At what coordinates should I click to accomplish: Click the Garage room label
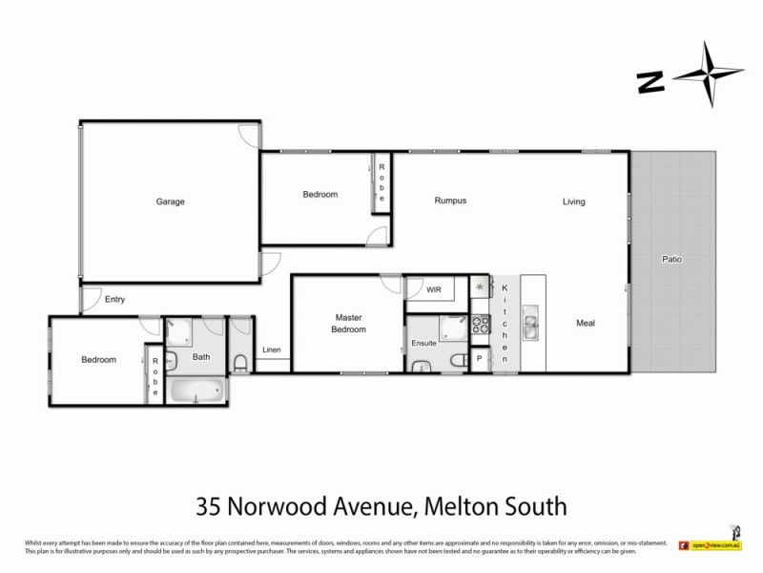pyautogui.click(x=171, y=202)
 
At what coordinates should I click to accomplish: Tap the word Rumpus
pyautogui.click(x=450, y=201)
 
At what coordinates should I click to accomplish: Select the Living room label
pyautogui.click(x=573, y=202)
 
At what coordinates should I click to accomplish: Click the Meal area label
pyautogui.click(x=586, y=323)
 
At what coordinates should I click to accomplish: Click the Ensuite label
pyautogui.click(x=423, y=342)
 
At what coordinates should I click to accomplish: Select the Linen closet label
pyautogui.click(x=272, y=350)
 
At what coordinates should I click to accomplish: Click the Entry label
pyautogui.click(x=115, y=299)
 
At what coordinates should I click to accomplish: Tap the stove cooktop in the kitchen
pyautogui.click(x=481, y=287)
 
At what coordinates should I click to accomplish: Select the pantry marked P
pyautogui.click(x=480, y=358)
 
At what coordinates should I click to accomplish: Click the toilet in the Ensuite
pyautogui.click(x=460, y=359)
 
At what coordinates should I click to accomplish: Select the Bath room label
pyautogui.click(x=200, y=357)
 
